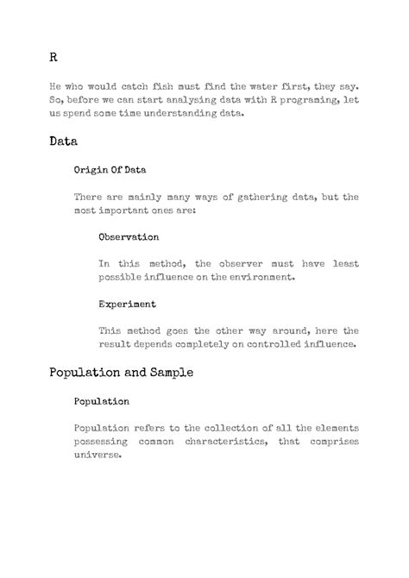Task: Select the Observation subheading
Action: point(129,236)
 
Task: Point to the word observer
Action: point(240,263)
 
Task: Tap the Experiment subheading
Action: point(127,304)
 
